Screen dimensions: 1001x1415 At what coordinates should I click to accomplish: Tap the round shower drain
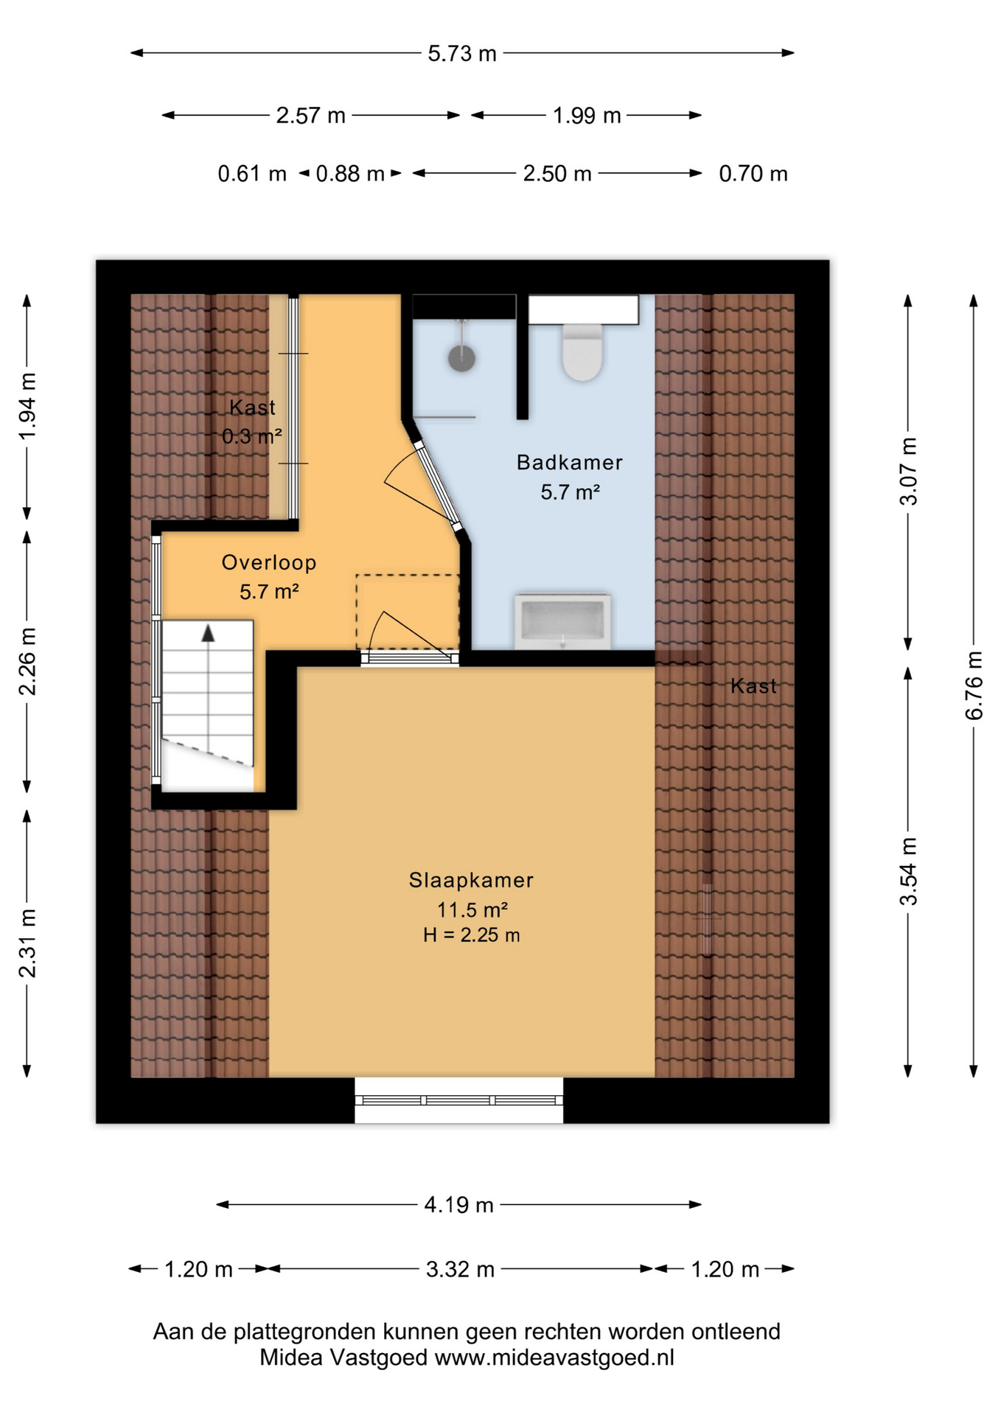[x=461, y=359]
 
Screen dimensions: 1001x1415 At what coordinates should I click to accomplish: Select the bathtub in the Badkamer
[x=562, y=621]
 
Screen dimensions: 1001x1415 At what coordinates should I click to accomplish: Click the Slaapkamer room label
[x=471, y=880]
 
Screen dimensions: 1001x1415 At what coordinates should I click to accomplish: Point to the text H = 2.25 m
[x=472, y=935]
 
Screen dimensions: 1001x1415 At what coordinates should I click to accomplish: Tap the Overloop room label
[x=269, y=562]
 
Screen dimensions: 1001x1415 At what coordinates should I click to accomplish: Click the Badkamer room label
[x=570, y=462]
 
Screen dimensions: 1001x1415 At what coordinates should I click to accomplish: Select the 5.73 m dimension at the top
[x=462, y=53]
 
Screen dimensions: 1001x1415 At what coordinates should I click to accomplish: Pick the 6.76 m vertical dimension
[x=974, y=685]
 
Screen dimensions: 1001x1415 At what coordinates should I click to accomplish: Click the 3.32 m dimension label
[x=460, y=1269]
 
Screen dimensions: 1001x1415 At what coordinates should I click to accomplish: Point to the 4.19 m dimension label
[x=458, y=1205]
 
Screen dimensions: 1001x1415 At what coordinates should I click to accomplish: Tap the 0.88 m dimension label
[x=350, y=174]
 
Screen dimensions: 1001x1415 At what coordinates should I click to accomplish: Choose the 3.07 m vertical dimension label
[x=909, y=472]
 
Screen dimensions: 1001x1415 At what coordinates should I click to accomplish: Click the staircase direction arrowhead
[x=209, y=633]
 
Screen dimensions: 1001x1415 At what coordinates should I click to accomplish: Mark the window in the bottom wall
[x=458, y=1100]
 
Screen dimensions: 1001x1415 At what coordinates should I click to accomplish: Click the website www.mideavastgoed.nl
[x=554, y=1358]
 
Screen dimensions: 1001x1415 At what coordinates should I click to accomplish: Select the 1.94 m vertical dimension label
[x=27, y=406]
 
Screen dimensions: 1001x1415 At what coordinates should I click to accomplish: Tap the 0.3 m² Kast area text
[x=252, y=436]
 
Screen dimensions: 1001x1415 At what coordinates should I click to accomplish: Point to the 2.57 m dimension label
[x=311, y=116]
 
